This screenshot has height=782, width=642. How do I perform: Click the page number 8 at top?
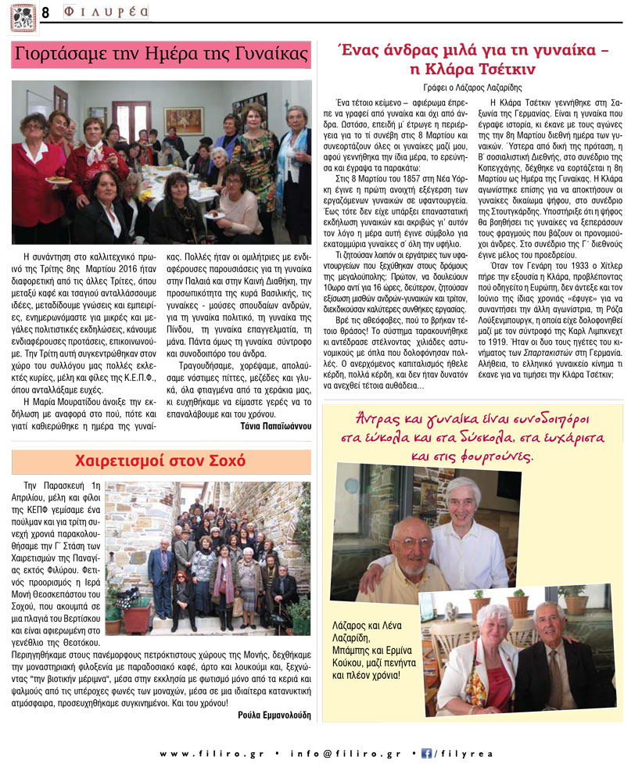pos(45,13)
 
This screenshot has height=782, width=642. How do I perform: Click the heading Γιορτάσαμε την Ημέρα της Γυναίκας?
pos(161,56)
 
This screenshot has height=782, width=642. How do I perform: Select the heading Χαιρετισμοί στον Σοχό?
pos(161,460)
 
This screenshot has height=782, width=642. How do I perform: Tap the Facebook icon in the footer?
pos(427,754)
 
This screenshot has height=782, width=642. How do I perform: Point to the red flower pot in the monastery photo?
pos(138,618)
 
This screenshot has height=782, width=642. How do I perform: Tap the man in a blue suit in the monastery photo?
pos(160,575)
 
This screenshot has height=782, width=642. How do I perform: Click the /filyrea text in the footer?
pos(461,754)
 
